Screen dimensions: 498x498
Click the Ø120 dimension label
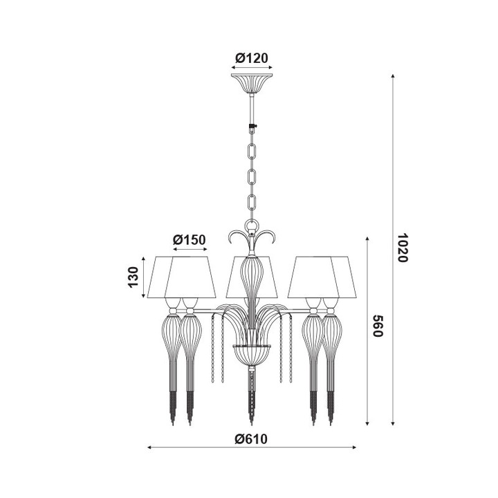click(x=251, y=58)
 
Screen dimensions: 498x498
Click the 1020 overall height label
click(x=403, y=247)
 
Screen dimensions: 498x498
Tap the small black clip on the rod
click(x=252, y=127)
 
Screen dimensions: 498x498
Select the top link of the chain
click(x=252, y=150)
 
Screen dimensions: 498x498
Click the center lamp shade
click(x=251, y=277)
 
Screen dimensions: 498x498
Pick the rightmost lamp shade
click(x=336, y=277)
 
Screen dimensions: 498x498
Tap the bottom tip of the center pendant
click(x=251, y=421)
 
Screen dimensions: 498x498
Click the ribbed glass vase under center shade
click(x=251, y=277)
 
